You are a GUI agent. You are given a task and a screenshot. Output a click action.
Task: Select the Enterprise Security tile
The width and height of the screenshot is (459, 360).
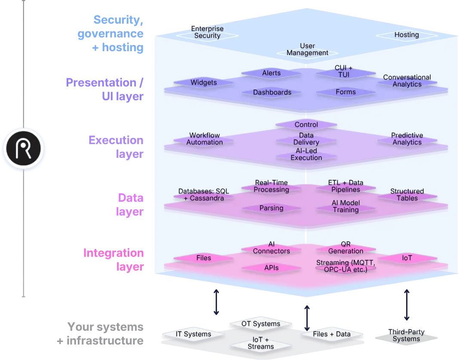coord(207,33)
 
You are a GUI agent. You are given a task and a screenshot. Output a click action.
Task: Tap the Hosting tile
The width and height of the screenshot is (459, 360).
coord(407,35)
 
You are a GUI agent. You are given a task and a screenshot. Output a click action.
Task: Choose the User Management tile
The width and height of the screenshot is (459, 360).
coord(307,49)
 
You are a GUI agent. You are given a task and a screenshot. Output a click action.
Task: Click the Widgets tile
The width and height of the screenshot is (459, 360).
coord(204,83)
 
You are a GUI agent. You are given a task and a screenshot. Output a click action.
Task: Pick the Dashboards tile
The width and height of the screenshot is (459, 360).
coord(272,92)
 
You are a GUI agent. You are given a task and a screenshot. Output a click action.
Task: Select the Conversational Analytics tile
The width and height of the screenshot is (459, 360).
coord(407,81)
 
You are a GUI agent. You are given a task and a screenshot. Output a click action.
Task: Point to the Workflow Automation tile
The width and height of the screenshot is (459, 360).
coord(205,139)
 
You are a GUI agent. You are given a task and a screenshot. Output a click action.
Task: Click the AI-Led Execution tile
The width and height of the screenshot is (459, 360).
coord(306,154)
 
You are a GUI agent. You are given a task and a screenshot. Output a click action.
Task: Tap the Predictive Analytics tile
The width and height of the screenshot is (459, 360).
coord(407,139)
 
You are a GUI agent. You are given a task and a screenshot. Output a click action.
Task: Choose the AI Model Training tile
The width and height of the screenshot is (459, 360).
coord(346,206)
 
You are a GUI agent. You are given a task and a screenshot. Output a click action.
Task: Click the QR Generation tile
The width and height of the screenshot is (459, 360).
coord(346,248)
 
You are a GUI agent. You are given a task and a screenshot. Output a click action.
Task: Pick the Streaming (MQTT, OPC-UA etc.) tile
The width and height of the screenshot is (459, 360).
coord(346,266)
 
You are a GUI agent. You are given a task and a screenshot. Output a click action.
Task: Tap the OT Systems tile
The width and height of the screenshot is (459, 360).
coord(260,324)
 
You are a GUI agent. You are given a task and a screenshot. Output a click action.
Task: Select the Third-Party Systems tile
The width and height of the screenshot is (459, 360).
coord(406,335)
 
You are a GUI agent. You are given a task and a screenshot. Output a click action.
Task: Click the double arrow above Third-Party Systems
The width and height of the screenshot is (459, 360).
coord(407,305)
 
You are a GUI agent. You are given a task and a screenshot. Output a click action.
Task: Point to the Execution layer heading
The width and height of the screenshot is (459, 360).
coord(116,147)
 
